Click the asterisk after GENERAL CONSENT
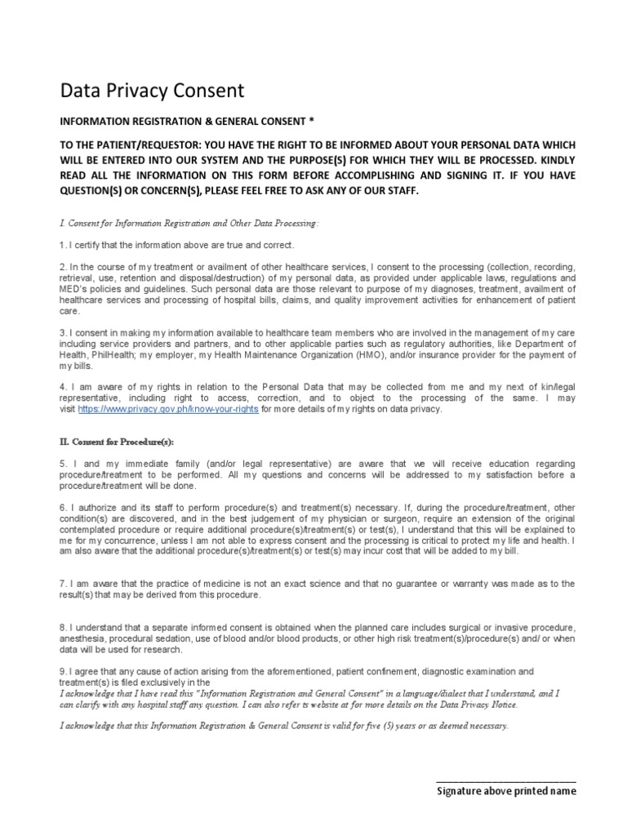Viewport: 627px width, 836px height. coord(310,121)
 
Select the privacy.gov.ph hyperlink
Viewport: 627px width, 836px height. coord(168,409)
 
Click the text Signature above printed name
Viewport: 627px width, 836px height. coord(506,791)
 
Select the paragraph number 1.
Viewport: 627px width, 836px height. coord(61,245)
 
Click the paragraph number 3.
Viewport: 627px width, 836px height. coord(61,333)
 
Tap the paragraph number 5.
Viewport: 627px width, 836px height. coord(61,463)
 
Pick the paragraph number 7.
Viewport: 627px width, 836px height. coord(61,583)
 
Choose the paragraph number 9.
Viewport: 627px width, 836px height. coord(61,671)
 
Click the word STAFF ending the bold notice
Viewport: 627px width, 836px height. coord(402,190)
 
